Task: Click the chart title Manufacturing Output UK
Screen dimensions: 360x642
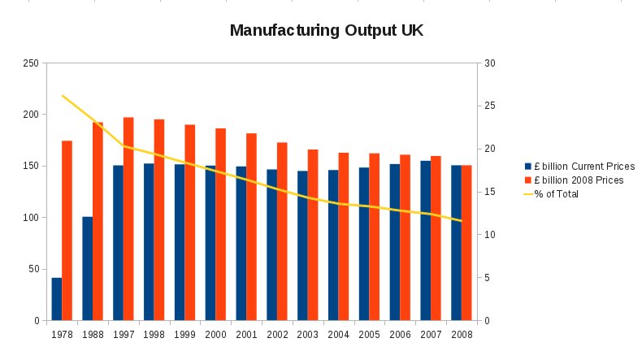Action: [326, 31]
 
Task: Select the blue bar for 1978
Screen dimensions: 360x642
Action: [57, 299]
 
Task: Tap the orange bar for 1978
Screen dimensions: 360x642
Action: [67, 231]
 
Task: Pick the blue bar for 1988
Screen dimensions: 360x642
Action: [88, 268]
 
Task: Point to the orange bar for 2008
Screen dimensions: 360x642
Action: [466, 243]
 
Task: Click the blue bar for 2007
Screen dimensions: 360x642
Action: [426, 241]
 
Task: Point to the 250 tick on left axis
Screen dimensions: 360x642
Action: [32, 63]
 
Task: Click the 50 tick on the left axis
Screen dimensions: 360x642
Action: [34, 269]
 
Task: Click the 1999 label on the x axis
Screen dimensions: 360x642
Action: [185, 334]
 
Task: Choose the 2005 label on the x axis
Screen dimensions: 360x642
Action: [370, 334]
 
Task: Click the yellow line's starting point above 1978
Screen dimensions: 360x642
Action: [63, 96]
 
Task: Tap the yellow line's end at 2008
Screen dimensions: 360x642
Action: [462, 221]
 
